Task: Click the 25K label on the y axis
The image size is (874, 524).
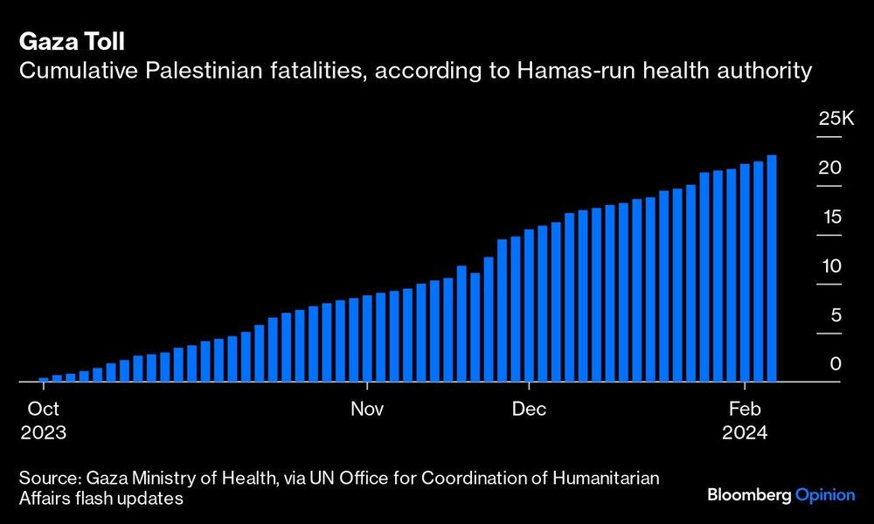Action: (835, 119)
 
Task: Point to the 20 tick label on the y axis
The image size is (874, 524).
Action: (831, 168)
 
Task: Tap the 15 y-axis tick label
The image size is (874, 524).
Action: (831, 217)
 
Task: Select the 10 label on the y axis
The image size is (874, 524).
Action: (831, 265)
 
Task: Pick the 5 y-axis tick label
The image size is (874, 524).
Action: (836, 314)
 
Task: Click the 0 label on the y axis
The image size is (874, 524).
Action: (836, 363)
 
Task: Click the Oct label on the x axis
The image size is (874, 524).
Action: (43, 409)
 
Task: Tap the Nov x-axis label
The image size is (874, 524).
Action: (368, 409)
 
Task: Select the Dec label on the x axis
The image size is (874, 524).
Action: (530, 409)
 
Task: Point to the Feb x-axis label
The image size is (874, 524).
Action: (744, 409)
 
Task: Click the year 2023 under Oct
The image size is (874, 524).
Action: (43, 432)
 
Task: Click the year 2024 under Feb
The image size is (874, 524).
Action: (744, 432)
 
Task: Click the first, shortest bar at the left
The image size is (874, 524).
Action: (44, 380)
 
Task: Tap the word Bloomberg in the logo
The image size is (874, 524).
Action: (749, 495)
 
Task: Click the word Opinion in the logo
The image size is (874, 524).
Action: (825, 495)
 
